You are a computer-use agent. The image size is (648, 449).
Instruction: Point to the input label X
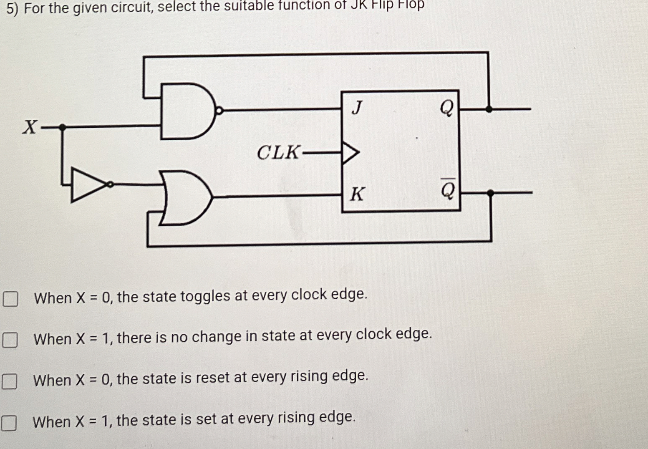tap(30, 126)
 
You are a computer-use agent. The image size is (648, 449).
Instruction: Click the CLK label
tap(277, 153)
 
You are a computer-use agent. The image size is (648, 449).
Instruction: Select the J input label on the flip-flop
tap(357, 108)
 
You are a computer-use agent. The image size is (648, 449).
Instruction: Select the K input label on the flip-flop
tap(357, 194)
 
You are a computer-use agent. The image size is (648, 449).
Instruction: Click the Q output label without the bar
tap(446, 108)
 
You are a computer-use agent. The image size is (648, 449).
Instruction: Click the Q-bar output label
tap(448, 190)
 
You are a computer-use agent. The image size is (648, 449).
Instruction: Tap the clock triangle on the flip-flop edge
tap(350, 153)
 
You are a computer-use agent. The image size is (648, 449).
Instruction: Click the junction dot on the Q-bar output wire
tap(490, 193)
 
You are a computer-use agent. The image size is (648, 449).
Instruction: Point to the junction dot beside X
tap(62, 127)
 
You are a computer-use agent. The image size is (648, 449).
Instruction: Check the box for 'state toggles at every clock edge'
tap(10, 299)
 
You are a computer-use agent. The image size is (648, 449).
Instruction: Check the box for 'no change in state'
tap(10, 340)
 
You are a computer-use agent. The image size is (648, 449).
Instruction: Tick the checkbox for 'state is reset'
tap(10, 381)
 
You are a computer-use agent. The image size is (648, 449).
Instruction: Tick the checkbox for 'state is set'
tap(9, 423)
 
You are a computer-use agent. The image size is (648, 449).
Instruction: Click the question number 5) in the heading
tap(13, 8)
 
